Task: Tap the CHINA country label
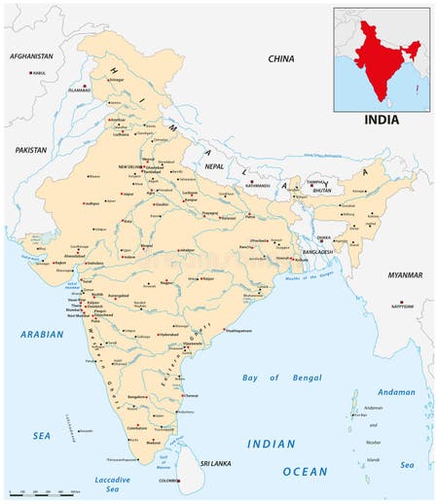pyautogui.click(x=281, y=59)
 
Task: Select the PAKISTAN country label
pyautogui.click(x=31, y=150)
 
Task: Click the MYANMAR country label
pyautogui.click(x=404, y=275)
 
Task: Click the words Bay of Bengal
pyautogui.click(x=274, y=377)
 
